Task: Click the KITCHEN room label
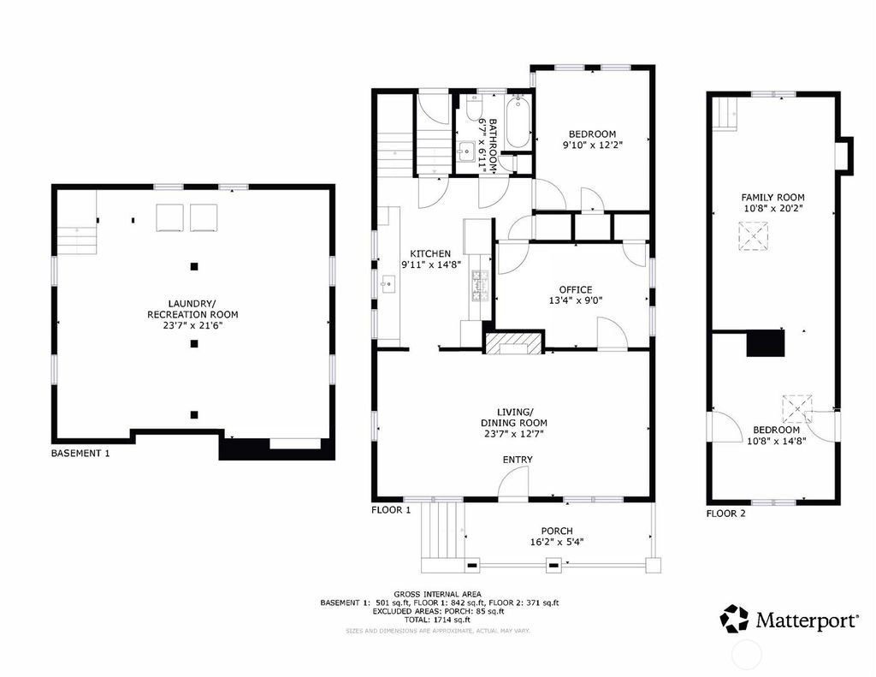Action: point(430,253)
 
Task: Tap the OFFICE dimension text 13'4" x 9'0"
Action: point(576,300)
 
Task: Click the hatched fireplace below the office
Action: point(513,343)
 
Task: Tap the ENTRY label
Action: point(518,460)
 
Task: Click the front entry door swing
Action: point(513,482)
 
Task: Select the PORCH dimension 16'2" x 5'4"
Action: point(557,542)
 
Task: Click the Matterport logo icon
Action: point(733,619)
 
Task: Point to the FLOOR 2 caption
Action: point(725,514)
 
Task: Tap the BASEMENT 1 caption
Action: point(80,453)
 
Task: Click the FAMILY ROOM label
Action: point(772,198)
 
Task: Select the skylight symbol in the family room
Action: point(754,235)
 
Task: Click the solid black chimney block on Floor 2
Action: point(766,342)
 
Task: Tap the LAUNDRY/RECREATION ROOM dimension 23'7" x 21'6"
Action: point(192,325)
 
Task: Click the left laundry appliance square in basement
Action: point(169,217)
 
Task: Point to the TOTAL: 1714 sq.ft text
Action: point(437,620)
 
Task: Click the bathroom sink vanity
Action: point(465,151)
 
